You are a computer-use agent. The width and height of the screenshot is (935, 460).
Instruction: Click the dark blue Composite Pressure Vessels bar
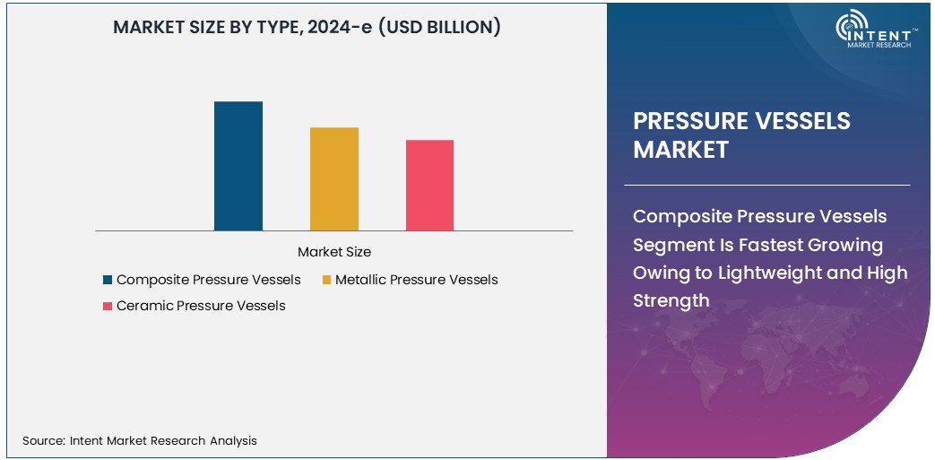[x=238, y=166]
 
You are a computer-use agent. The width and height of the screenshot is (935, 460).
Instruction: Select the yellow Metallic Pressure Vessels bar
[x=333, y=179]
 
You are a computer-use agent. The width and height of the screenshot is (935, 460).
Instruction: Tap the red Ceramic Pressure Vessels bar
[x=429, y=186]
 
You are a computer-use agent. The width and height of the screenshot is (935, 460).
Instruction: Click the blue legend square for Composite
[x=108, y=280]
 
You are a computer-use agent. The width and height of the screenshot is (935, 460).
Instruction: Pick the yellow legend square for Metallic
[x=326, y=280]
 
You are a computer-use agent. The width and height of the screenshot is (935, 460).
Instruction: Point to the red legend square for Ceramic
[x=108, y=306]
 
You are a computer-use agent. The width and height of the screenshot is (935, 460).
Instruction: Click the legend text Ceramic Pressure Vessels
[x=201, y=306]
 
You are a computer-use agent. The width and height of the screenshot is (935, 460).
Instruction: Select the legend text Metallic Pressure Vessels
[x=416, y=280]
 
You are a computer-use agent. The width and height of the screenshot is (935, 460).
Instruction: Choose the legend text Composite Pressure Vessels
[x=208, y=280]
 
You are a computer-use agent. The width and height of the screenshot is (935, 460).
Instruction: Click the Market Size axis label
[x=333, y=252]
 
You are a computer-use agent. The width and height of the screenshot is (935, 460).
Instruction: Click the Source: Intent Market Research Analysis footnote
[x=140, y=440]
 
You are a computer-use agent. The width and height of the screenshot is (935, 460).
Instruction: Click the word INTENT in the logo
[x=884, y=32]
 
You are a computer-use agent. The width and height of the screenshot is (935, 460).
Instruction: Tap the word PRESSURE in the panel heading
[x=696, y=122]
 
